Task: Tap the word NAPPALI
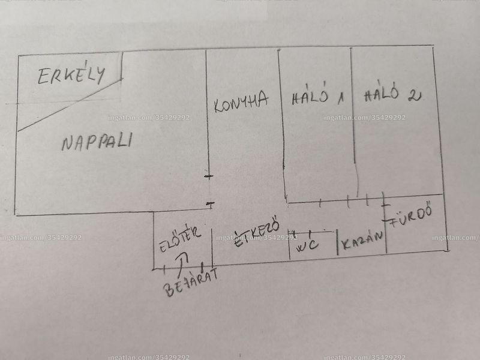coord(97,142)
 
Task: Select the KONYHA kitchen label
coord(241,101)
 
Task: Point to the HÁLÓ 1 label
coord(318,95)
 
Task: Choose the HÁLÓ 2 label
coord(393,92)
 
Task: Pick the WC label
coord(308,245)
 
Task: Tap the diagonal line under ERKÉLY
coord(70,105)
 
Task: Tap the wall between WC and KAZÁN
coord(337,242)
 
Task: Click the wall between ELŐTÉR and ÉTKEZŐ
coord(212,247)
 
